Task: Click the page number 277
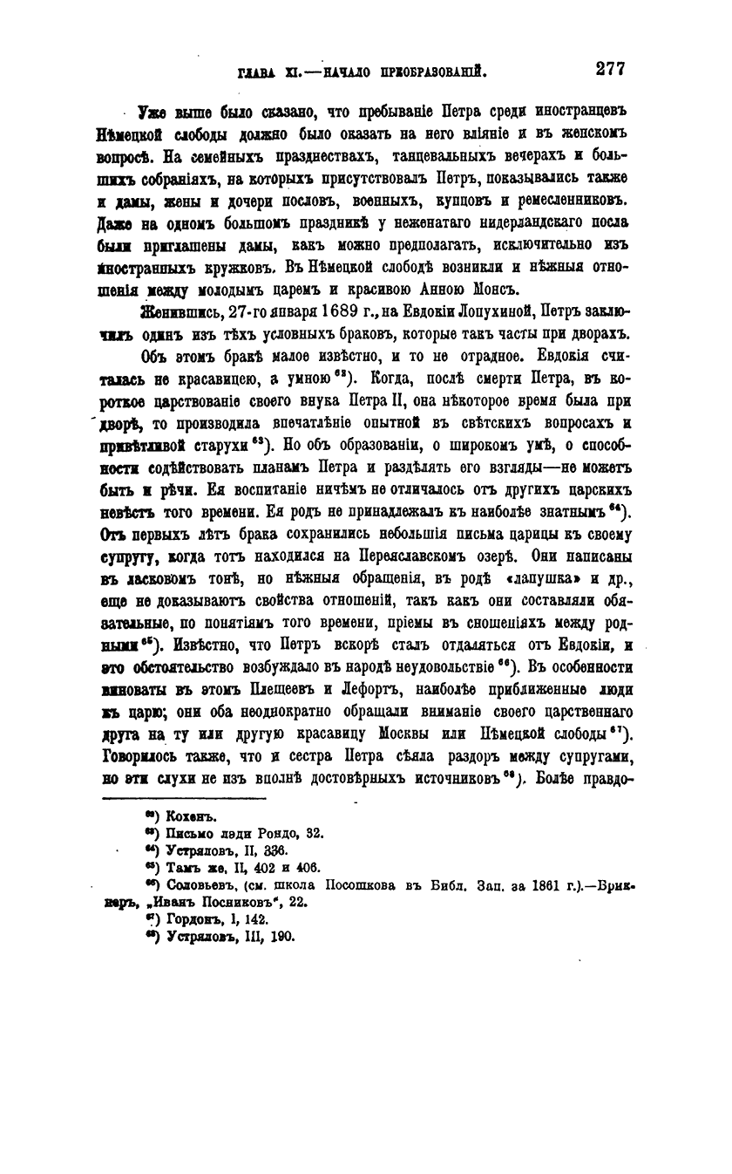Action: click(x=608, y=69)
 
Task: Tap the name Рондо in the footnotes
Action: click(x=278, y=833)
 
